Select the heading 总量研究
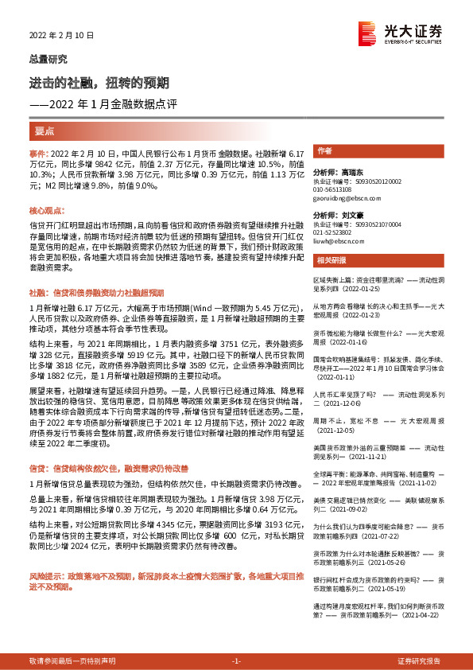click(x=48, y=59)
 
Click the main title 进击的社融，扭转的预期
click(x=99, y=84)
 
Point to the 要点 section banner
click(x=45, y=130)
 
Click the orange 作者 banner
click(x=324, y=150)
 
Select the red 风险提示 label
click(x=45, y=575)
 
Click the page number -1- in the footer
click(x=235, y=661)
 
